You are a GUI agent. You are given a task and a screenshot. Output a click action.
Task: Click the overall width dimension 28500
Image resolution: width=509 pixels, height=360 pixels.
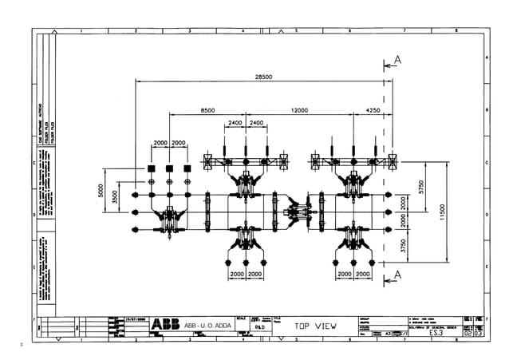pyautogui.click(x=263, y=77)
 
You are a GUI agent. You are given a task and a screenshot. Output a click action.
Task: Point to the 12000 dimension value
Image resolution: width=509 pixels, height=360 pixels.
pyautogui.click(x=301, y=109)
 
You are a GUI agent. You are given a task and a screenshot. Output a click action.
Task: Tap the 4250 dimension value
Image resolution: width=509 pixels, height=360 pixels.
pyautogui.click(x=373, y=109)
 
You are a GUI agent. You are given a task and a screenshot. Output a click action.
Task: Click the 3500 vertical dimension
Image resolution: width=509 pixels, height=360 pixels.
pyautogui.click(x=116, y=196)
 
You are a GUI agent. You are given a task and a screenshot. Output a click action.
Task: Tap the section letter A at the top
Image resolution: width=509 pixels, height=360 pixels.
pyautogui.click(x=398, y=60)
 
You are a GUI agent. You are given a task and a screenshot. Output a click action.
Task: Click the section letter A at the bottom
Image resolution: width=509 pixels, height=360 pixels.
pyautogui.click(x=398, y=277)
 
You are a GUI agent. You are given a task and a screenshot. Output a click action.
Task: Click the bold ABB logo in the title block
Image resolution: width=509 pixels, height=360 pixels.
pyautogui.click(x=165, y=325)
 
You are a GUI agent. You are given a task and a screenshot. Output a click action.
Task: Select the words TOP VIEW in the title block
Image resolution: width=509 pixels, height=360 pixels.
pyautogui.click(x=314, y=326)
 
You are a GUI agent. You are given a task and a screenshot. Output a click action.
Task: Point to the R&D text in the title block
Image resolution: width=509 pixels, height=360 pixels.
pyautogui.click(x=260, y=327)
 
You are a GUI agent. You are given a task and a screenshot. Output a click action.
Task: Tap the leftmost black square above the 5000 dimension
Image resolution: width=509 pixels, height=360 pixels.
pyautogui.click(x=151, y=169)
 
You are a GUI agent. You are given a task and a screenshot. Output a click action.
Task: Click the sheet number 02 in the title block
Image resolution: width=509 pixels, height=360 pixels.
pyautogui.click(x=467, y=334)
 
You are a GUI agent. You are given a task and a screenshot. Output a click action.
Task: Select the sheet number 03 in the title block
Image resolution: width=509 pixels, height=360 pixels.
pyautogui.click(x=478, y=334)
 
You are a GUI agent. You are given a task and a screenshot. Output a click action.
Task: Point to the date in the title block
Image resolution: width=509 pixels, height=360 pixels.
pyautogui.click(x=136, y=318)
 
